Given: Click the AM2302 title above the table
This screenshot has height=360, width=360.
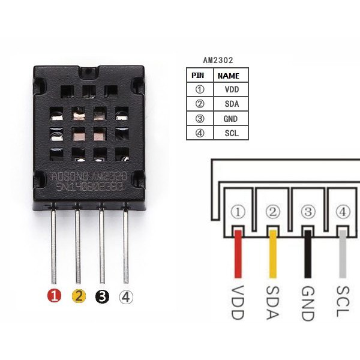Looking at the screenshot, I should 218,60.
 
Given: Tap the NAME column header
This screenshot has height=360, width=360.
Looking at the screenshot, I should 229,76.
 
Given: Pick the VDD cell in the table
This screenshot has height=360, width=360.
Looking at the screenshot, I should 231,89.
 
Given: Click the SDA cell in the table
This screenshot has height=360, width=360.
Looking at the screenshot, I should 231,104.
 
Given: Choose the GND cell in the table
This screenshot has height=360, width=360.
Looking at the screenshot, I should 231,118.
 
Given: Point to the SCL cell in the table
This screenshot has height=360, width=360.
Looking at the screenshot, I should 231,133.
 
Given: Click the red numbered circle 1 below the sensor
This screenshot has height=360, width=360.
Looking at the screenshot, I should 54,296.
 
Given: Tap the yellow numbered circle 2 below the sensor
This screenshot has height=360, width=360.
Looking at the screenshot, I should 78,296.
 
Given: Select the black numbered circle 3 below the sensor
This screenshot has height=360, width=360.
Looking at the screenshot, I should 102,296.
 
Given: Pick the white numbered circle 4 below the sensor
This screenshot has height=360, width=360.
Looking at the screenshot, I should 126,296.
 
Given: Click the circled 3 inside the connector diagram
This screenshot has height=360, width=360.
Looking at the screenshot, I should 308,212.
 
